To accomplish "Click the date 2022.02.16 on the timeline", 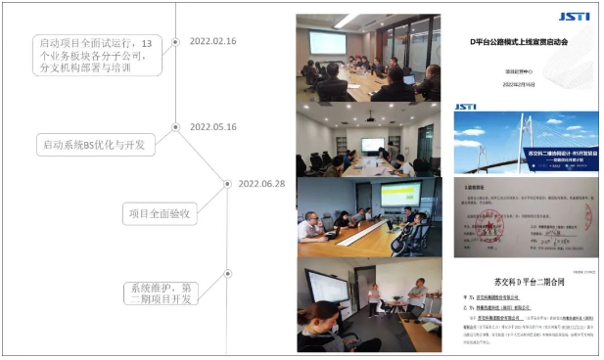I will pos(212,41).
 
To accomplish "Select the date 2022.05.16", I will pos(212,126).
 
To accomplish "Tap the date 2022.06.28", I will pos(261,183).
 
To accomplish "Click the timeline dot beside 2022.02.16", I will pos(176,41).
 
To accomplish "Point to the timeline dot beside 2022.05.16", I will pos(176,126).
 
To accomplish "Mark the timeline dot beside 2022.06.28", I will pos(226,184).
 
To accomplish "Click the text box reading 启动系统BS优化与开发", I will pos(94,145).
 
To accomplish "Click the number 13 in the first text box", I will pos(148,43).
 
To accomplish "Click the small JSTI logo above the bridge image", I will pos(466,106).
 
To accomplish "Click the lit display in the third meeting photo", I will pos(399,195).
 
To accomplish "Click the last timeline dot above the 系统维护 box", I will pos(226,273).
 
